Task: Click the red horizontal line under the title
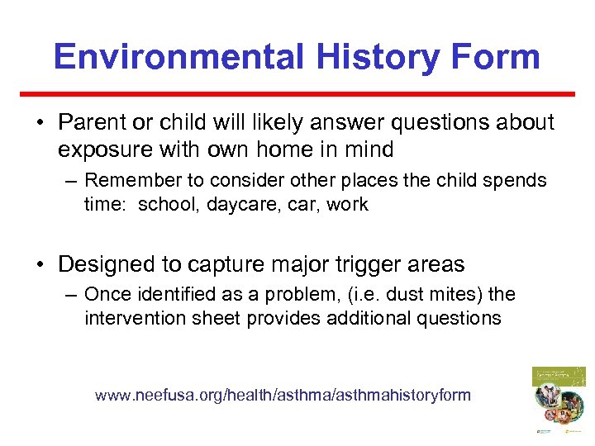tap(297, 93)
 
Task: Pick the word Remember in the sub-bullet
tap(128, 180)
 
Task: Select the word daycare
tap(234, 204)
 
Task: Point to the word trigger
tap(340, 264)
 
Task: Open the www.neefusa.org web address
tap(283, 395)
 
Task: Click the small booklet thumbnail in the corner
tap(558, 401)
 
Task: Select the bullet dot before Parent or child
tap(39, 123)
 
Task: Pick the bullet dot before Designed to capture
tap(39, 265)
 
